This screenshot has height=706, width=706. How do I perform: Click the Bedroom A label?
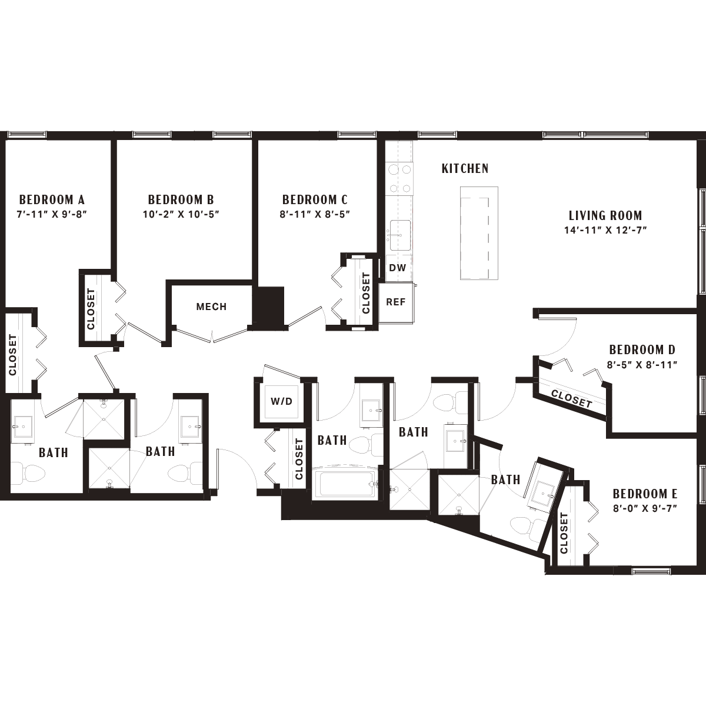point(52,199)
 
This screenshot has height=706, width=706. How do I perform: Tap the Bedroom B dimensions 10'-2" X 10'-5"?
point(181,214)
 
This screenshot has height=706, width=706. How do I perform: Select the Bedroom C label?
point(315,199)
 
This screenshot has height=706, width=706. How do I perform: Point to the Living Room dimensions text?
point(605,231)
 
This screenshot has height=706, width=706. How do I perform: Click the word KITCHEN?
point(465,168)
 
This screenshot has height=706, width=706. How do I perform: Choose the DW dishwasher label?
point(398,268)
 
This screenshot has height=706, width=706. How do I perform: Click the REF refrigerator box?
point(397,302)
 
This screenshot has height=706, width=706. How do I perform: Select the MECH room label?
point(211,307)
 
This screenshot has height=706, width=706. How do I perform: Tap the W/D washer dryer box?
point(282,402)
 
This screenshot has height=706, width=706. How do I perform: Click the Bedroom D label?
point(642,350)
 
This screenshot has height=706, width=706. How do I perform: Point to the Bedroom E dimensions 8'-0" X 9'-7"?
point(645,508)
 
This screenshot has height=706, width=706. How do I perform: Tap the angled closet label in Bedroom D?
point(571,399)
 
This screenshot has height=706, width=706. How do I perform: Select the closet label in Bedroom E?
point(564,533)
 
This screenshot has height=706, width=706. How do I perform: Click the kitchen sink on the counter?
point(400,235)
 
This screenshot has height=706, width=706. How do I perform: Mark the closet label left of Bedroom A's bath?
point(12,355)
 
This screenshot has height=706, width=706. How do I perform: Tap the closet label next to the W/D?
point(299,459)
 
